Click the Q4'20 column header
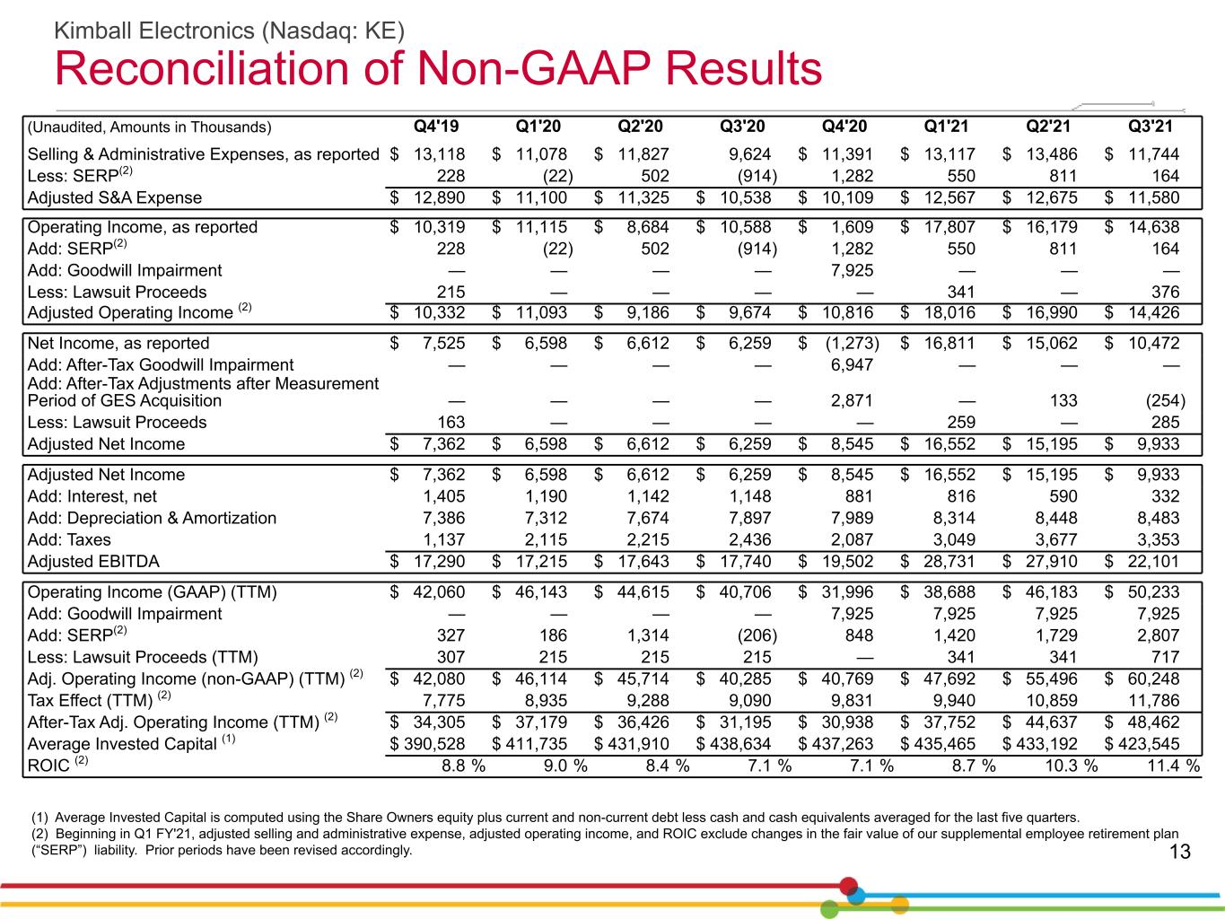[844, 127]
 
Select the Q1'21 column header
[946, 127]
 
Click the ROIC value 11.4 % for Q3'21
[1173, 766]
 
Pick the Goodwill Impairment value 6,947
[852, 365]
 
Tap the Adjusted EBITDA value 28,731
[949, 561]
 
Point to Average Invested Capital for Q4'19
[427, 744]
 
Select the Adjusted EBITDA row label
[93, 561]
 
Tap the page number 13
[1180, 852]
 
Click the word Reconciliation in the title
[201, 68]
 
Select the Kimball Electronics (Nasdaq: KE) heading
[230, 31]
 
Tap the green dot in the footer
[829, 909]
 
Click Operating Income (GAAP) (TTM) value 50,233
[1153, 592]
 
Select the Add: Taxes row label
[69, 539]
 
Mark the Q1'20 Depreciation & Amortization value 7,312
[546, 518]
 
